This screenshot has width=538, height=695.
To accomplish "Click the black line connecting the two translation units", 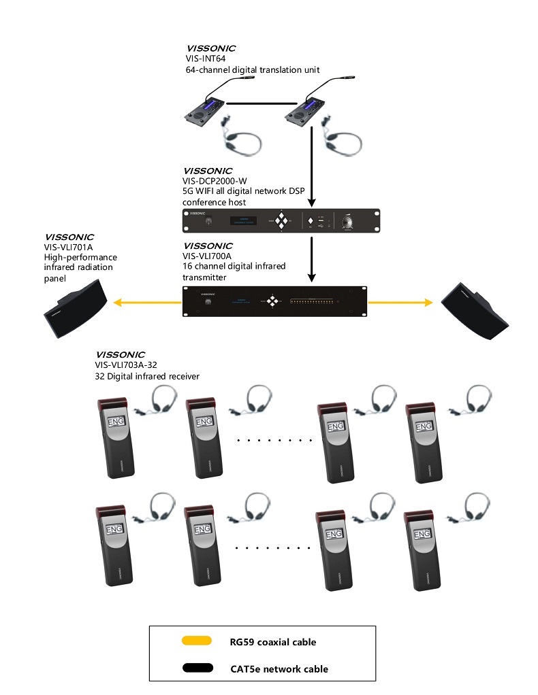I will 255,103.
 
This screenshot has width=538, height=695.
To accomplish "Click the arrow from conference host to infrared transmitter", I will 312,258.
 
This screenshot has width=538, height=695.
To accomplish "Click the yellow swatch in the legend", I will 197,641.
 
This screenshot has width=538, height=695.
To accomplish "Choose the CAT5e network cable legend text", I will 279,669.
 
